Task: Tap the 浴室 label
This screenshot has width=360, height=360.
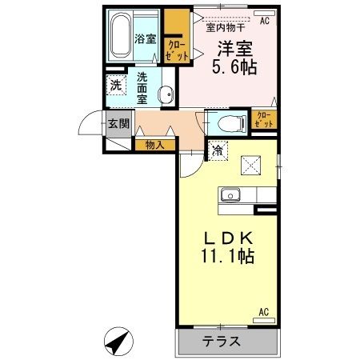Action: click(x=145, y=38)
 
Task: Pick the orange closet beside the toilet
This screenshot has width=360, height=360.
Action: click(x=264, y=120)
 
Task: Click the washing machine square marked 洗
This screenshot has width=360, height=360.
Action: click(x=117, y=85)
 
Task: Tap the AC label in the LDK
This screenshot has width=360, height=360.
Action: click(x=263, y=312)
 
